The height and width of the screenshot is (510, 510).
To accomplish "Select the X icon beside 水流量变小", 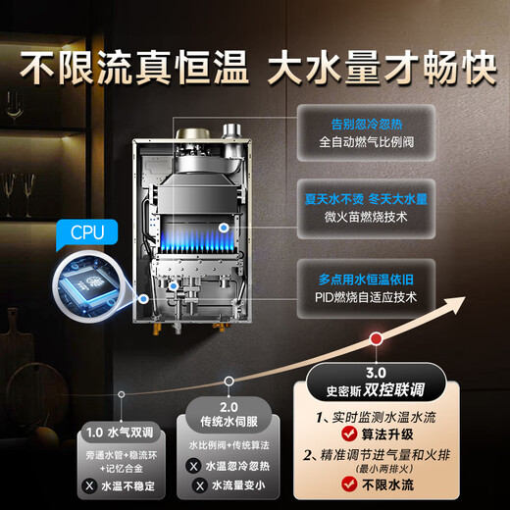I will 195,485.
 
